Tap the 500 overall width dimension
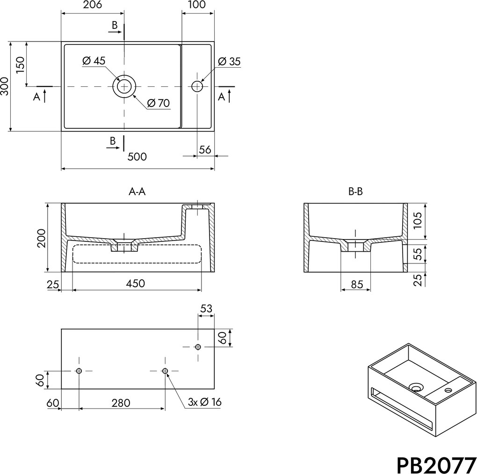coord(137,157)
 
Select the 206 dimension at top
coord(92,5)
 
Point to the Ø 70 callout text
coord(159,103)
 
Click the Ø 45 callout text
coord(94,61)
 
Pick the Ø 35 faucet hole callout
coord(229,61)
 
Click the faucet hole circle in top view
coord(197,86)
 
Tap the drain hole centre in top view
coord(124,86)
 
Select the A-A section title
coord(137,192)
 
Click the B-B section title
coord(355,192)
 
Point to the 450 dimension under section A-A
coord(135,283)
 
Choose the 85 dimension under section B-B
coord(357,284)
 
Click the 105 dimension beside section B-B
coord(418,220)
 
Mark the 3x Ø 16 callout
coord(204,402)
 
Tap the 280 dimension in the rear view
coord(121,403)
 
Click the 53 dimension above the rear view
coord(206,308)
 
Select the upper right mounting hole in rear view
coord(198,347)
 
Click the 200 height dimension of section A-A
coord(41,239)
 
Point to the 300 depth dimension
coord(4,86)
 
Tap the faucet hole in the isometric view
coord(448,390)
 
